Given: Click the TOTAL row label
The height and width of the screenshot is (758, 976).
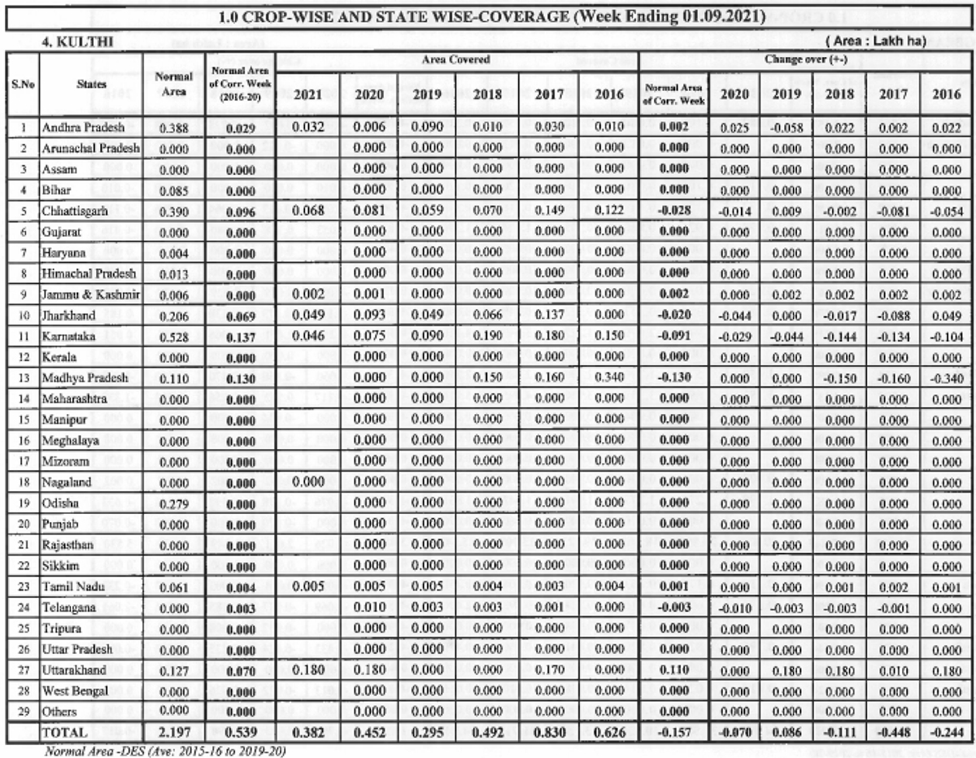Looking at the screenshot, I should [65, 734].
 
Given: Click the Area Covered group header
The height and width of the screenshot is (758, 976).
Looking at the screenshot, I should [457, 60].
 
